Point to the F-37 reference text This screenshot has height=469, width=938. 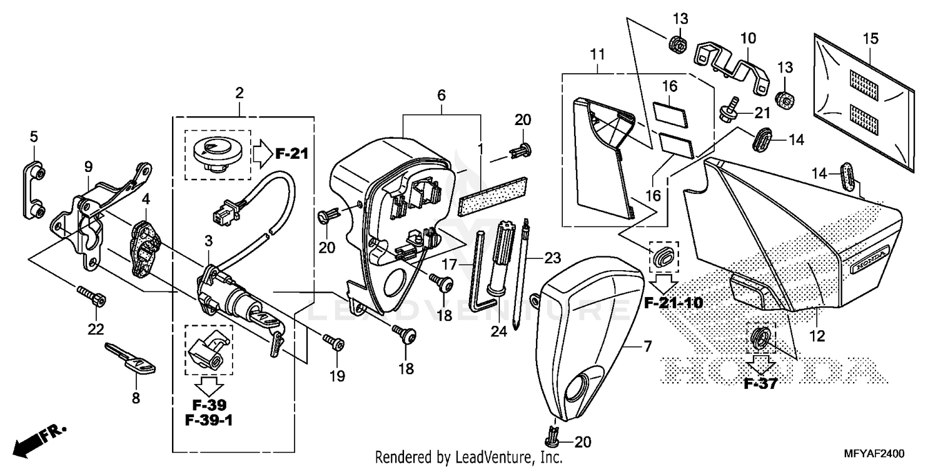point(760,383)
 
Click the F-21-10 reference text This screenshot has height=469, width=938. point(673,303)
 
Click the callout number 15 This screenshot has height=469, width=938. point(870,39)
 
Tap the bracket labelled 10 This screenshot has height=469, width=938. point(732,63)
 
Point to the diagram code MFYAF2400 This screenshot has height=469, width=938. point(881,453)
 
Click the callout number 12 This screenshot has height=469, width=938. point(817,336)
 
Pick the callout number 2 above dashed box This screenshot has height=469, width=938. point(239,94)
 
